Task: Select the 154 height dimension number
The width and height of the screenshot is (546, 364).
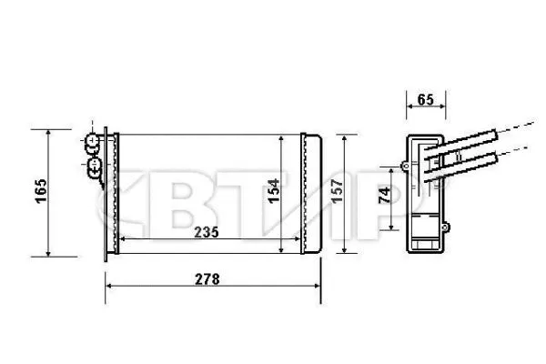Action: click(272, 194)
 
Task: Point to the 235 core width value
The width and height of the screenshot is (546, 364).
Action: click(207, 232)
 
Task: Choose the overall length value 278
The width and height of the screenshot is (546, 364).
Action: click(207, 279)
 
